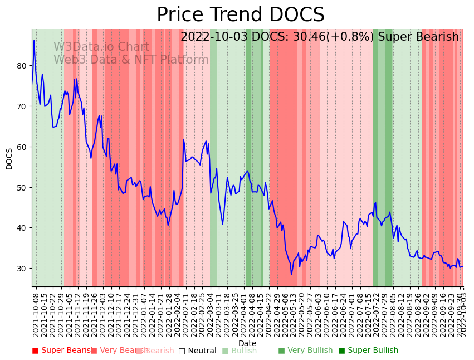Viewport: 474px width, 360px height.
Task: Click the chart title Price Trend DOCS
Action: [240, 15]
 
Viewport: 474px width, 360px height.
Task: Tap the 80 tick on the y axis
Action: [22, 66]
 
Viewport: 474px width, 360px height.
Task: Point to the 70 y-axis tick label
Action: [22, 106]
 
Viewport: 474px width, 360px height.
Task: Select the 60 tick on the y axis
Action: [22, 147]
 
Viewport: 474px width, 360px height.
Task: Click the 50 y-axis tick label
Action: [22, 188]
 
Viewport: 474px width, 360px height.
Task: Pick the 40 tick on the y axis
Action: [22, 228]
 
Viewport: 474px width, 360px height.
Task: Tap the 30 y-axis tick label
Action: [22, 269]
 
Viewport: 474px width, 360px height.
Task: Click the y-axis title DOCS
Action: [9, 158]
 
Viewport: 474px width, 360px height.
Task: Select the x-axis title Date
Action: [247, 343]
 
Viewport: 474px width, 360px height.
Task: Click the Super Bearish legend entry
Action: [62, 351]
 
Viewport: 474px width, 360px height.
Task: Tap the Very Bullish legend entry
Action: [305, 351]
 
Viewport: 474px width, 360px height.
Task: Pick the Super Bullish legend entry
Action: [368, 351]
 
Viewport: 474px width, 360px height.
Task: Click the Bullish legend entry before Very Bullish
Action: [240, 351]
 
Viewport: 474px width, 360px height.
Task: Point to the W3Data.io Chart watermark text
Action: [101, 47]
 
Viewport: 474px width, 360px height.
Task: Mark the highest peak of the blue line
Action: [34, 40]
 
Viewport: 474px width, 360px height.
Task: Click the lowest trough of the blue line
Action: [291, 274]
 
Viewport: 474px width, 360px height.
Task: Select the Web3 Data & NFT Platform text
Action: [131, 60]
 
